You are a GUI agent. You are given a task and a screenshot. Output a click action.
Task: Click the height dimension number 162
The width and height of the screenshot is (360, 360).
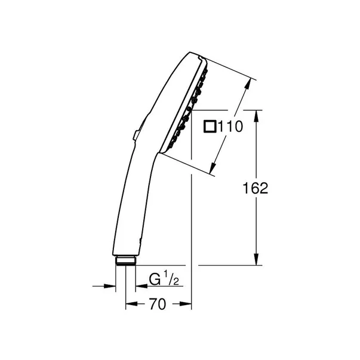tap(256, 187)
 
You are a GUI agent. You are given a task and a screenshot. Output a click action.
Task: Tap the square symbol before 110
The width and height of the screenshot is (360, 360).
tap(210, 127)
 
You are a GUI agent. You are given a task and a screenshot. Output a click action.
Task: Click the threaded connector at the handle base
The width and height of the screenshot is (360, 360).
tap(125, 260)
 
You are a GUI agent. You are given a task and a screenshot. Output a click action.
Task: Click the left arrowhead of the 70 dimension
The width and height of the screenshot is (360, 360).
tap(130, 304)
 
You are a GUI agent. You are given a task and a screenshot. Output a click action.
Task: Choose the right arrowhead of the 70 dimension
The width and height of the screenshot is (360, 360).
tap(186, 304)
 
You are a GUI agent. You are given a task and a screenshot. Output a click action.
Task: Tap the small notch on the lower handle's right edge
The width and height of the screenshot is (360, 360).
tap(139, 241)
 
